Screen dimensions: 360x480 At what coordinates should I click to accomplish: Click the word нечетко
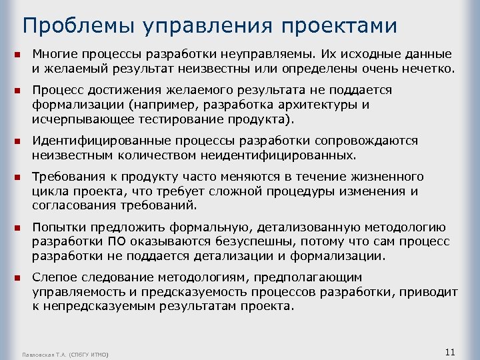point(429,68)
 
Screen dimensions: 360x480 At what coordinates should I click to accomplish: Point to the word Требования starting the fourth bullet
point(67,177)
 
